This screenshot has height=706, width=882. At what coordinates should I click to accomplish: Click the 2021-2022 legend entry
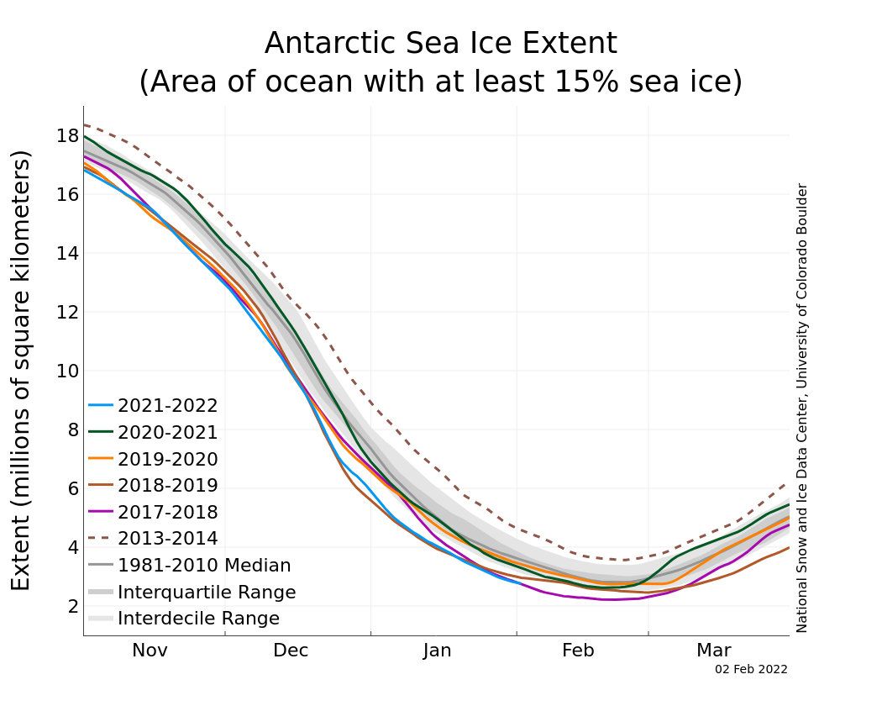(x=167, y=406)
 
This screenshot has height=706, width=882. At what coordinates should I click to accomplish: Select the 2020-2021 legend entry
(x=167, y=433)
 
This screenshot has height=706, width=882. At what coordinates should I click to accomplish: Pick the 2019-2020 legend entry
(x=167, y=460)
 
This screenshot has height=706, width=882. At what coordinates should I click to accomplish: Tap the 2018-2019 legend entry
(x=167, y=486)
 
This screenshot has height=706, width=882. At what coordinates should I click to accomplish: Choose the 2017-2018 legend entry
(x=167, y=513)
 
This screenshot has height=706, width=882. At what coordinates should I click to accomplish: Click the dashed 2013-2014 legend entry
(x=167, y=539)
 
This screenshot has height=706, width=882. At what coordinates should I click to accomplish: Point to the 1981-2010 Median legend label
(x=204, y=566)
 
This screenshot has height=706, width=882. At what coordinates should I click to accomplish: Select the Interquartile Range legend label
(x=207, y=593)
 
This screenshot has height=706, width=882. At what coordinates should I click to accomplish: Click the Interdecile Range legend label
(x=198, y=619)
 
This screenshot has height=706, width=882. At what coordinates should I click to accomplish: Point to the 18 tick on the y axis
(x=67, y=135)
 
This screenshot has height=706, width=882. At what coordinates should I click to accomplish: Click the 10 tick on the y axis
(x=67, y=371)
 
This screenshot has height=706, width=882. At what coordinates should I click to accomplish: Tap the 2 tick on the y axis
(x=72, y=606)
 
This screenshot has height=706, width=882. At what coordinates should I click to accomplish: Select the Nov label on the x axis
(x=150, y=651)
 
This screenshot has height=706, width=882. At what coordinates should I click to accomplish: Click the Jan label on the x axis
(x=438, y=651)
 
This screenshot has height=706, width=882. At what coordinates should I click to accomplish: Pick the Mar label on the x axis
(x=713, y=651)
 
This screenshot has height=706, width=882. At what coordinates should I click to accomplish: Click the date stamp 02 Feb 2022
(x=751, y=670)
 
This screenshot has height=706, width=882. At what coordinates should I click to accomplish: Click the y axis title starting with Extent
(x=22, y=370)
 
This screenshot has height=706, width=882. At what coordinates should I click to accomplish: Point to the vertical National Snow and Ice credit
(x=802, y=408)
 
